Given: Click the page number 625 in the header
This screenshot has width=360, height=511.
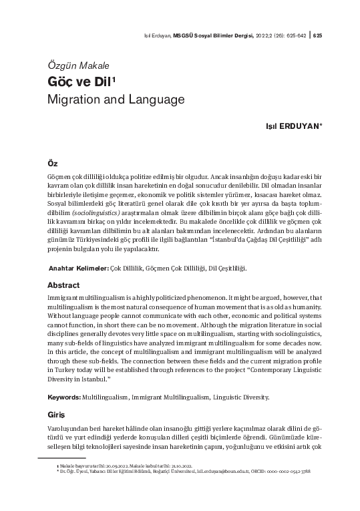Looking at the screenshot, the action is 317,35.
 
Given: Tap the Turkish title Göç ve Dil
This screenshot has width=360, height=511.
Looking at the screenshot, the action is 73,82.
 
